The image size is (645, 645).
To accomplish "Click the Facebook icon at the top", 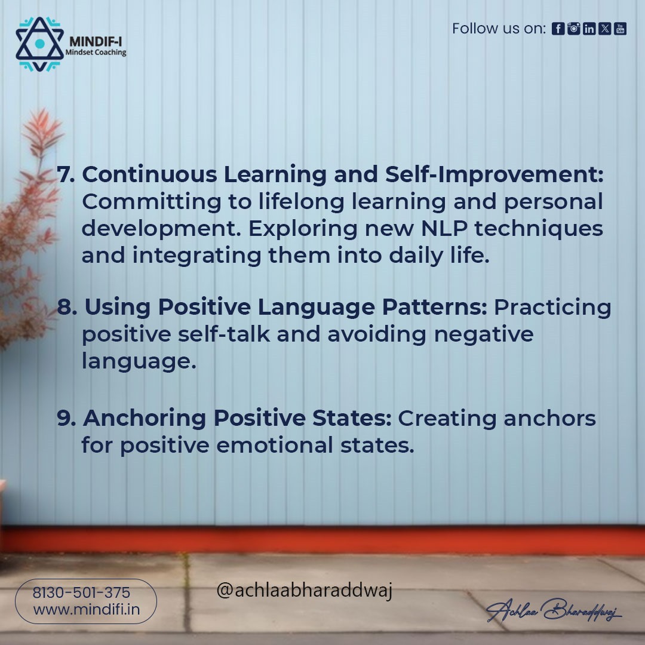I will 558,29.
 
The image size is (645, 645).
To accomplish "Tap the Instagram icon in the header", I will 573,29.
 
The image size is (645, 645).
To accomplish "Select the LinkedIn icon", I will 589,29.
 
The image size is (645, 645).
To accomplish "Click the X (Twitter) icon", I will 604,29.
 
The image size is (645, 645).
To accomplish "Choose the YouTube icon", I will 621,29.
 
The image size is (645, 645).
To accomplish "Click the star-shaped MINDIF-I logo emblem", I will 39,44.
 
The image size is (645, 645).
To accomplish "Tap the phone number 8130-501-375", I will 81,593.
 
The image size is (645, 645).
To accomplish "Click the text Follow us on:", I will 499,29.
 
